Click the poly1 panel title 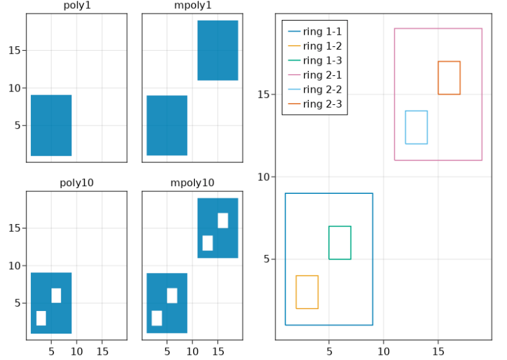77,6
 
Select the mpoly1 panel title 192,6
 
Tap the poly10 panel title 77,183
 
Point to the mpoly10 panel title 192,183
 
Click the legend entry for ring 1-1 322,31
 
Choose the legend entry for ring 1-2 322,46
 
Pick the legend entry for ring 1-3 322,61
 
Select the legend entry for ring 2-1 322,75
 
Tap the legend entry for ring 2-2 322,90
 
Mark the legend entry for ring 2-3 322,104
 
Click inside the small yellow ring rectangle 307,292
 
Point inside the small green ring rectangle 340,243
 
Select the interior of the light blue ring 416,128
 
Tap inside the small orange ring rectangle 449,78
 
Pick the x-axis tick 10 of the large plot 383,351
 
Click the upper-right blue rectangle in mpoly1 217,50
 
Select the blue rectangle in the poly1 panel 51,125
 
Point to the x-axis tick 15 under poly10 102,352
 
